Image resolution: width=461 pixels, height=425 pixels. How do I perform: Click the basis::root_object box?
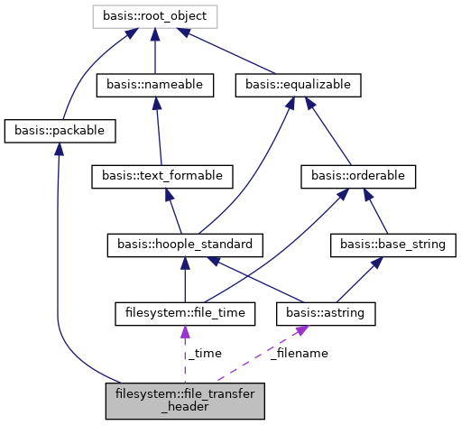coord(155,15)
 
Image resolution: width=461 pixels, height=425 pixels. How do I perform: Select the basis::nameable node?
coord(154,86)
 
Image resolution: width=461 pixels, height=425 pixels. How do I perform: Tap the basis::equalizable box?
coord(298,86)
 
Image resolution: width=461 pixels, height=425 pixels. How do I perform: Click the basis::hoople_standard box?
coord(185,243)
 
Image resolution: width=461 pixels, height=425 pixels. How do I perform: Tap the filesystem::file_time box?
coord(185,313)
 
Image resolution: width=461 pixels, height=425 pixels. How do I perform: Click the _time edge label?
coord(201,353)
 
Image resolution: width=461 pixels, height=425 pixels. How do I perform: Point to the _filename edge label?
coord(299,353)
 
